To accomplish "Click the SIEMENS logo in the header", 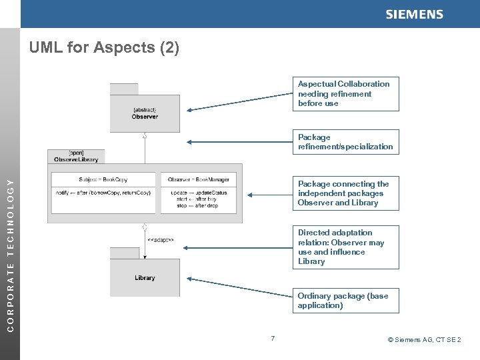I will pos(414,15).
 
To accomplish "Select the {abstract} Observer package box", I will pos(145,113).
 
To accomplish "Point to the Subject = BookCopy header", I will pos(103,179).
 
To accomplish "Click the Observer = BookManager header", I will pos(199,179).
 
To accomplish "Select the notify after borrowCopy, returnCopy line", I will pos(103,193).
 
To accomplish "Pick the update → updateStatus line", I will pos(199,193).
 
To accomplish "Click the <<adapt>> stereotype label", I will pos(161,240).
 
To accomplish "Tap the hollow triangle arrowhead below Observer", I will pos(145,135).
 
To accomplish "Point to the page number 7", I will pos(273,340).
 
